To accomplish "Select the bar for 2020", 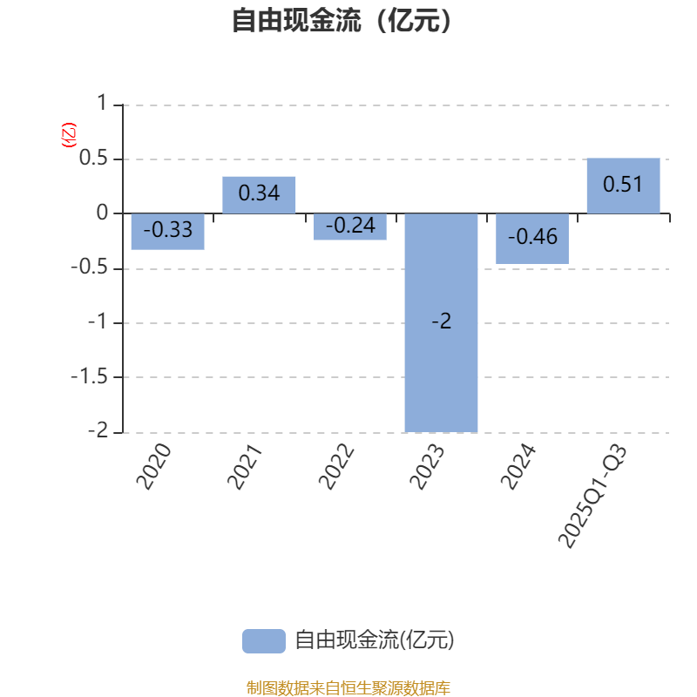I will [168, 232].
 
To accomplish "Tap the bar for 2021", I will [259, 194].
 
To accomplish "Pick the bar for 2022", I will [350, 227].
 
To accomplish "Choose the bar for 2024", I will [532, 239].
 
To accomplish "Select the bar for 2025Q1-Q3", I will [623, 186].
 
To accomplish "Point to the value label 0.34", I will [259, 193].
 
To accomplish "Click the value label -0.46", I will [532, 236].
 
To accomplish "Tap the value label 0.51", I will [623, 185].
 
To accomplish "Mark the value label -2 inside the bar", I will [442, 322].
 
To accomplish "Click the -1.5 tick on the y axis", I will [91, 377].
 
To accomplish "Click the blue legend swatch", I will [263, 640].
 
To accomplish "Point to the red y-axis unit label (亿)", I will [69, 135].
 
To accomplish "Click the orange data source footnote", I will [348, 687].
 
